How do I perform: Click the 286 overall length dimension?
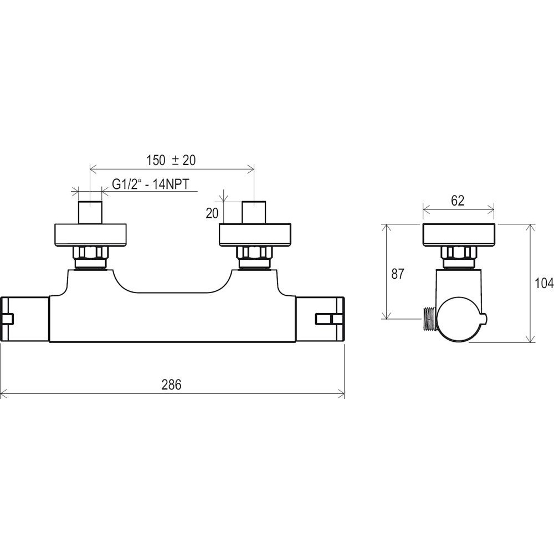coord(171,385)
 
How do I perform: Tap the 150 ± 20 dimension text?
coord(171,160)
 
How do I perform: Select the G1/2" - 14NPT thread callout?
coord(151,184)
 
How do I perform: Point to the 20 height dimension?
coord(212,213)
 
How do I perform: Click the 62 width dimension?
coord(458,201)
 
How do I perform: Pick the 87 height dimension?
coord(397,274)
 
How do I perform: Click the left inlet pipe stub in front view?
coord(90,212)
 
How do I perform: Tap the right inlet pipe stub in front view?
coord(254,212)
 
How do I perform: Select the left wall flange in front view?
coord(90,235)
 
